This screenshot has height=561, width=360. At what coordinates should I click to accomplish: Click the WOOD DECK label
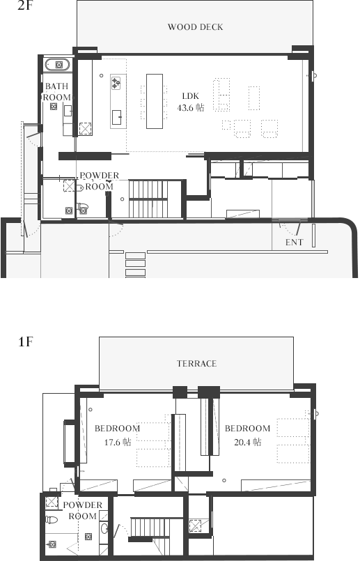(x=195, y=27)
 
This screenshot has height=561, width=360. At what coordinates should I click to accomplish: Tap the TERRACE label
(x=196, y=364)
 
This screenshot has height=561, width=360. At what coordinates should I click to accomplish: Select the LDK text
(x=191, y=96)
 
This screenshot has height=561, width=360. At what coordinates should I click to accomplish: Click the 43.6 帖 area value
(x=191, y=108)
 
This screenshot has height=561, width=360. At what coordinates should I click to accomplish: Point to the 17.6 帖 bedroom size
(x=118, y=442)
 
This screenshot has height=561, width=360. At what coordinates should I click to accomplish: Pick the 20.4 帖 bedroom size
(x=247, y=442)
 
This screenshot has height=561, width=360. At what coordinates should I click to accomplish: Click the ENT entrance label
(x=295, y=243)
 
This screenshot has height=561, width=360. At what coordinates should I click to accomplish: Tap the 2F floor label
(x=25, y=6)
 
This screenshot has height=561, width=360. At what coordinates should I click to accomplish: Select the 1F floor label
(x=25, y=341)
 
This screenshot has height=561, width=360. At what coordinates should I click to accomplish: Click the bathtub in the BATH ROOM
(x=58, y=65)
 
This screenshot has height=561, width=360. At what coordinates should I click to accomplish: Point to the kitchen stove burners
(x=116, y=83)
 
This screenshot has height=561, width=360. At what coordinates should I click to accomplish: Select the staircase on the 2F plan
(x=148, y=199)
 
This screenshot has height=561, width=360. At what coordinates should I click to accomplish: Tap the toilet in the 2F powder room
(x=82, y=206)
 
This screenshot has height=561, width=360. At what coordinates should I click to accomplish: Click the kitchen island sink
(x=116, y=117)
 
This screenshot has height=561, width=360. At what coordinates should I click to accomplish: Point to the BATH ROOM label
(x=57, y=91)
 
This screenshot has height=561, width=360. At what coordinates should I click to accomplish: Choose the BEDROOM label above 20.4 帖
(x=247, y=429)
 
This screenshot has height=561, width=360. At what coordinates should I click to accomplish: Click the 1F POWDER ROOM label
(x=83, y=511)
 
